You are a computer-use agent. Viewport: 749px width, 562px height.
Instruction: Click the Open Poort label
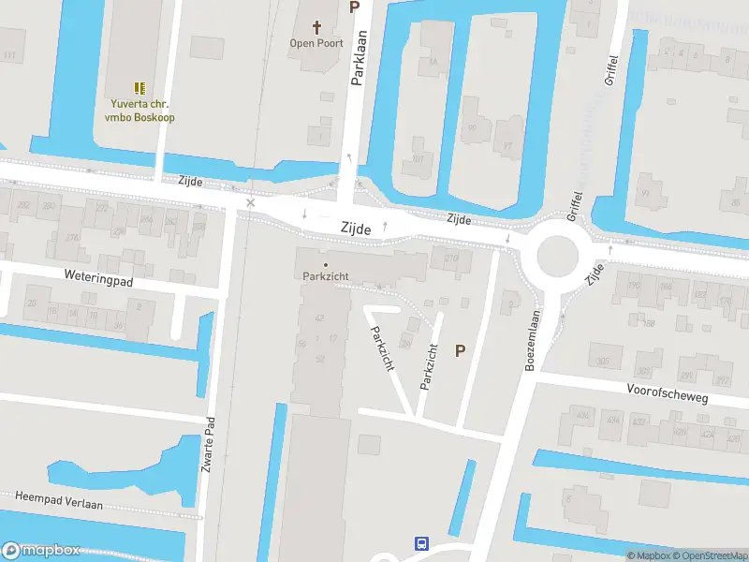point(316,43)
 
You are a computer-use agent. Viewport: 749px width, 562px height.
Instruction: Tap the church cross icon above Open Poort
point(316,27)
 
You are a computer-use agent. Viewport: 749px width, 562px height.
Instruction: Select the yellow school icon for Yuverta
point(140,88)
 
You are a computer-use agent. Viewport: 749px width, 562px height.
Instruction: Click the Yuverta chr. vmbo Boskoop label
point(140,111)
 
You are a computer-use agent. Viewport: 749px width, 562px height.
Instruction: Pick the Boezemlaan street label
point(530,341)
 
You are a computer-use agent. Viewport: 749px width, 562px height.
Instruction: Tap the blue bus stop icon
point(422,543)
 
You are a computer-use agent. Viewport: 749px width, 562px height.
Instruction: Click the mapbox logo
point(41,551)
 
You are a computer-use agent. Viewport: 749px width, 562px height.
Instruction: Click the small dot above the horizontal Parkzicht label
point(326,264)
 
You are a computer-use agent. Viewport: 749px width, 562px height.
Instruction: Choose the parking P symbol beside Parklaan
point(354,7)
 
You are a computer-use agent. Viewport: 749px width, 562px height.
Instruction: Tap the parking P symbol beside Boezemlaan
point(460,351)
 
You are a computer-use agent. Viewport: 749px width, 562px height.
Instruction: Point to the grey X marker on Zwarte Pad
point(250,202)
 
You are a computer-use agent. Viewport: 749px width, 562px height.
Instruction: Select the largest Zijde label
point(357,228)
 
